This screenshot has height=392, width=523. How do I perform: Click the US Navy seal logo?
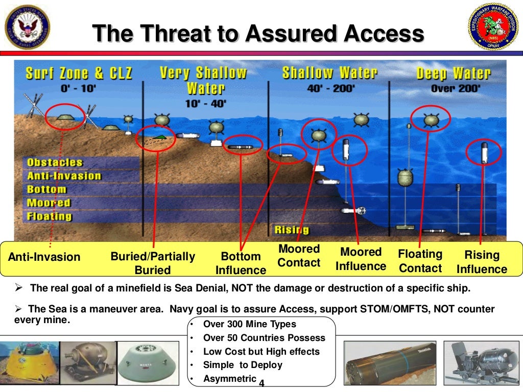[x=26, y=29]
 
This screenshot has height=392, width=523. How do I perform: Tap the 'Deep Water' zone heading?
[x=453, y=73]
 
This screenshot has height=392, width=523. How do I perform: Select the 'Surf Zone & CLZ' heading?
[x=79, y=73]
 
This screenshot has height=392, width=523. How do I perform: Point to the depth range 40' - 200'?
[x=330, y=88]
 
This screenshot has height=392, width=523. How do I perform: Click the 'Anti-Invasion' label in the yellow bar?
[x=44, y=257]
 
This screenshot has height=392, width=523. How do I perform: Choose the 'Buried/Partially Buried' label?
[x=153, y=263]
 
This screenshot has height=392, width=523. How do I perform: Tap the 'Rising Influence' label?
[x=482, y=262]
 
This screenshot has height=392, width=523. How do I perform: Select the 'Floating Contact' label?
[x=420, y=261]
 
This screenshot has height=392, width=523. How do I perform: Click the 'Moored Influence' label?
[x=361, y=259]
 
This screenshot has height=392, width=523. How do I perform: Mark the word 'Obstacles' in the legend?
[x=55, y=163]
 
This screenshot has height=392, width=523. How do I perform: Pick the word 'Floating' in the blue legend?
[x=50, y=216]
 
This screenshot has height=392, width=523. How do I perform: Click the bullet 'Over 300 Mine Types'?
[x=249, y=324]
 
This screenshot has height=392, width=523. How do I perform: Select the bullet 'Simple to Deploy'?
[x=243, y=365]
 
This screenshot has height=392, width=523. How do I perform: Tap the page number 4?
[x=262, y=382]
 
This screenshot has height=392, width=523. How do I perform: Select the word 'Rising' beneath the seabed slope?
[x=292, y=230]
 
